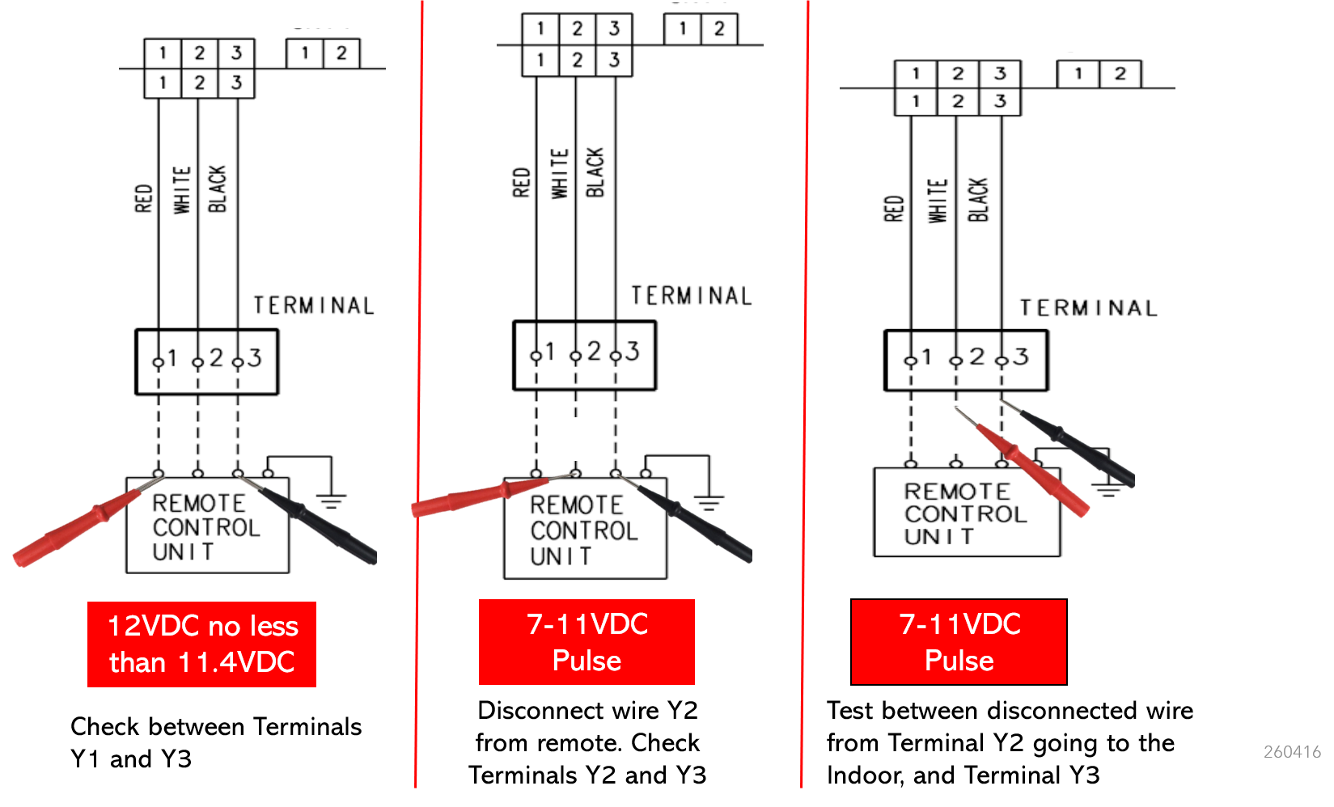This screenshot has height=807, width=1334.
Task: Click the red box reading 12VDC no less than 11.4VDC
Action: (201, 644)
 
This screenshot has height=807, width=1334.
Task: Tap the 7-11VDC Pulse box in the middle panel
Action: (587, 641)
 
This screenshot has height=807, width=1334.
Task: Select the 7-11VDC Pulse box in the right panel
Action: (959, 641)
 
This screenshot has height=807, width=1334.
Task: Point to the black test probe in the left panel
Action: (310, 518)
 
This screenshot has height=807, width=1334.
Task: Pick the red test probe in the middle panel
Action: (489, 494)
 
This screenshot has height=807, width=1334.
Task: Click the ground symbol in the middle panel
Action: (709, 503)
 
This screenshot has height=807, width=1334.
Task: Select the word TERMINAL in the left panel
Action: (314, 306)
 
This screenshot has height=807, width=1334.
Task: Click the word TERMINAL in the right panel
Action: (1089, 308)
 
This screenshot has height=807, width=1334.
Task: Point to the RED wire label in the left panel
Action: (143, 198)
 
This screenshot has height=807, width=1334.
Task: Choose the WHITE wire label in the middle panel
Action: (559, 173)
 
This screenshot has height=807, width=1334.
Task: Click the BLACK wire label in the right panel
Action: (977, 200)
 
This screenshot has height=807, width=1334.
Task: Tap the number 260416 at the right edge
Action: (1292, 752)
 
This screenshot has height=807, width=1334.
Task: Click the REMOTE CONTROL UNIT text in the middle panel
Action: (583, 530)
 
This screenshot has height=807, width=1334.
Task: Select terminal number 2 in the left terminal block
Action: (215, 357)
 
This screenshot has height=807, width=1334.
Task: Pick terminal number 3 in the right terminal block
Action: (1021, 357)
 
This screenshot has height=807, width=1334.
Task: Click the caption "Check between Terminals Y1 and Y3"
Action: (215, 742)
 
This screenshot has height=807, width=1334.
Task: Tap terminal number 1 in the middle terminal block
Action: (549, 351)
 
